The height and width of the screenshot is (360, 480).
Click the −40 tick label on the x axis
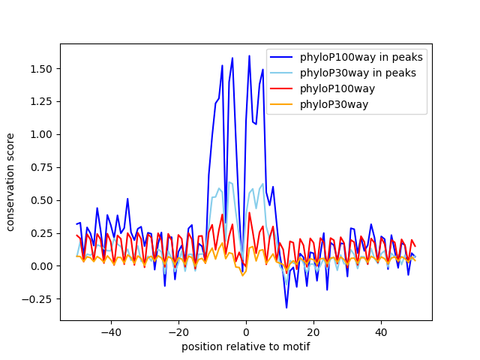pyautogui.click(x=110, y=331)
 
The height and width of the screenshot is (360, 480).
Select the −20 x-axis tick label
pyautogui.click(x=178, y=331)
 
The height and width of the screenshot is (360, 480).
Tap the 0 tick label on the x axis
pyautogui.click(x=246, y=331)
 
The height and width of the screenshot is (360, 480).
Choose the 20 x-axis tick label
pyautogui.click(x=313, y=331)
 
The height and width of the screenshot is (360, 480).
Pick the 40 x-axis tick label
pyautogui.click(x=381, y=331)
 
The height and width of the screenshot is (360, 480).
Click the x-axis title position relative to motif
pyautogui.click(x=246, y=346)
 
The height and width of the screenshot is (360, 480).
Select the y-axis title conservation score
pyautogui.click(x=11, y=182)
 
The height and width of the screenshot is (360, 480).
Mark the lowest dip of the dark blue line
pyautogui.click(x=286, y=307)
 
